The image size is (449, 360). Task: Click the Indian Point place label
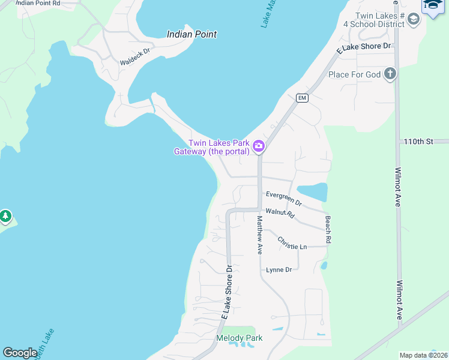191,34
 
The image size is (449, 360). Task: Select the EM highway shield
302,98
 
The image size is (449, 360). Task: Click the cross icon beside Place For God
390,74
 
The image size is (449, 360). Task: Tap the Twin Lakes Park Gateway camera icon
259,146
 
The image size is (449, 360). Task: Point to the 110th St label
418,142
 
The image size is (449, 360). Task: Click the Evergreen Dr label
283,199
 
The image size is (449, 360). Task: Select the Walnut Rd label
280,212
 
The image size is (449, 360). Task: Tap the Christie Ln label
292,242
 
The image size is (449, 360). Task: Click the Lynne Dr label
279,269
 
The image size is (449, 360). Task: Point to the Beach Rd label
328,229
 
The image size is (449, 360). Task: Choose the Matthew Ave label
260,236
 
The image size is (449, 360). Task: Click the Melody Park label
239,338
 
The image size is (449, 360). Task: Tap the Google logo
20,353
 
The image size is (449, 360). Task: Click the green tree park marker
5,215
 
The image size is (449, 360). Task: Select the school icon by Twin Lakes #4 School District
413,19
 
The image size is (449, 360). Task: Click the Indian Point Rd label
37,3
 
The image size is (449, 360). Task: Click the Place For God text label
355,74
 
